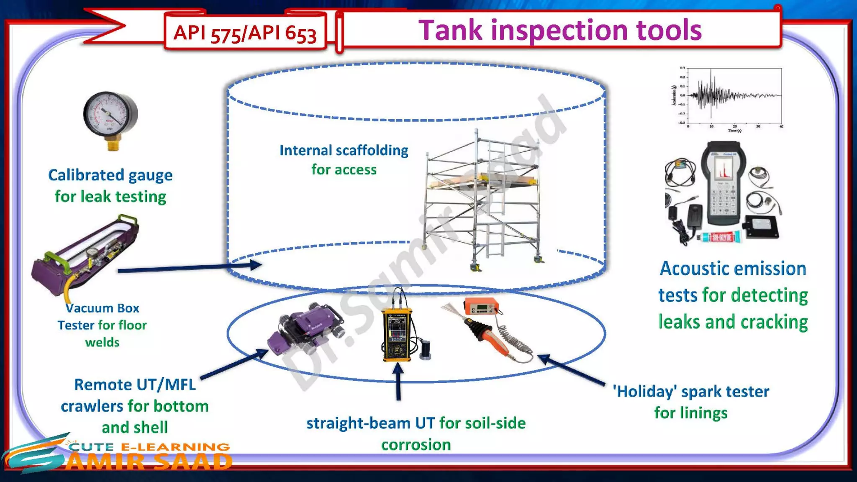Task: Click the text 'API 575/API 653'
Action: click(x=245, y=33)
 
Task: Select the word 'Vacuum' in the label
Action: click(x=84, y=308)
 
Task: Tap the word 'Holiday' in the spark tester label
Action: click(x=645, y=392)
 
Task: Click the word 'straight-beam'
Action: click(x=358, y=423)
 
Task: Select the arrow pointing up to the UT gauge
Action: click(x=398, y=381)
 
